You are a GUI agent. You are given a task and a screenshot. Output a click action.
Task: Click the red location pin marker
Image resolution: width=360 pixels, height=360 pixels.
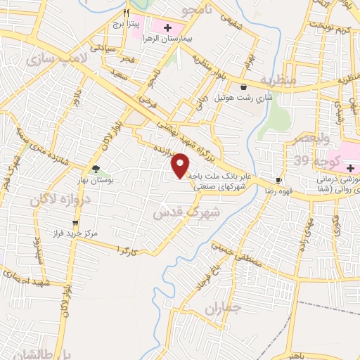181,165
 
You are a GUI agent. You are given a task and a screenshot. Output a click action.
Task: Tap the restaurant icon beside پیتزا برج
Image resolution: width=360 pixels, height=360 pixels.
127,12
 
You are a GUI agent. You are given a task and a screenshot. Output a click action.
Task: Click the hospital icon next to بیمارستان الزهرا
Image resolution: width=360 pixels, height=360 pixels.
167,28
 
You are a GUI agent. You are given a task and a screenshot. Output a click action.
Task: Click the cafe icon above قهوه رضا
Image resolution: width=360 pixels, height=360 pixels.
279,179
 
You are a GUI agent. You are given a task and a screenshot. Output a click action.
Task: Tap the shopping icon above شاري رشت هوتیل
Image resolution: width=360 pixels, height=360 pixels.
243,87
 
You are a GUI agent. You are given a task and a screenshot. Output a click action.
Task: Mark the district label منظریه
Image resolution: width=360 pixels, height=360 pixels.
281,79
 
